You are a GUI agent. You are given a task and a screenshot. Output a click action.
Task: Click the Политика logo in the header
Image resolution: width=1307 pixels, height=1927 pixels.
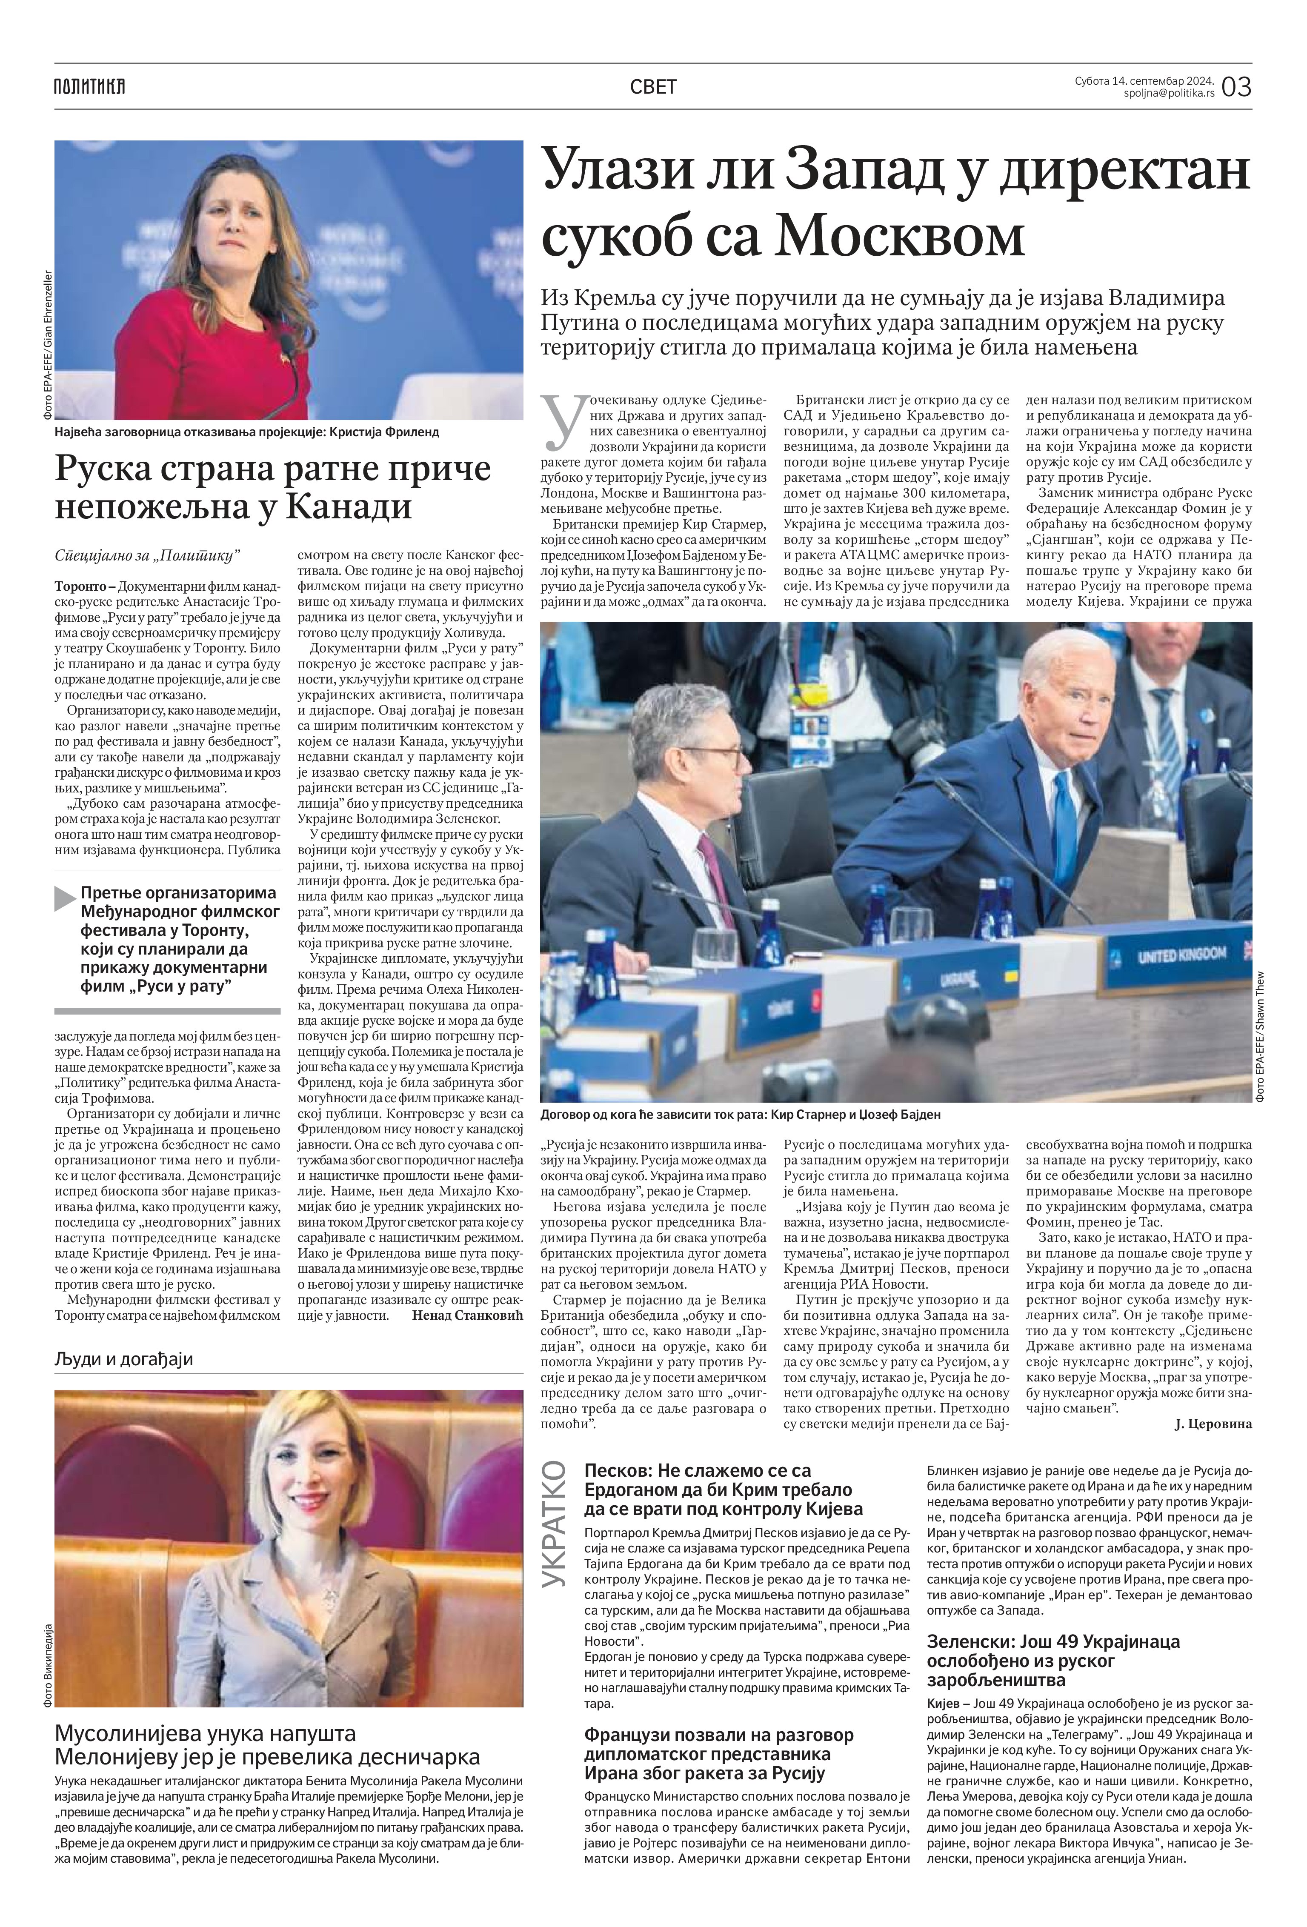tap(89, 86)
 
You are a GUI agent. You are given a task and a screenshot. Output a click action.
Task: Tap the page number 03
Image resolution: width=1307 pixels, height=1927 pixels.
tap(1236, 86)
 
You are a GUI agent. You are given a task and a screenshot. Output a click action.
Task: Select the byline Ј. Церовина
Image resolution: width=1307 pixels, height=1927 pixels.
tap(1213, 1424)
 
